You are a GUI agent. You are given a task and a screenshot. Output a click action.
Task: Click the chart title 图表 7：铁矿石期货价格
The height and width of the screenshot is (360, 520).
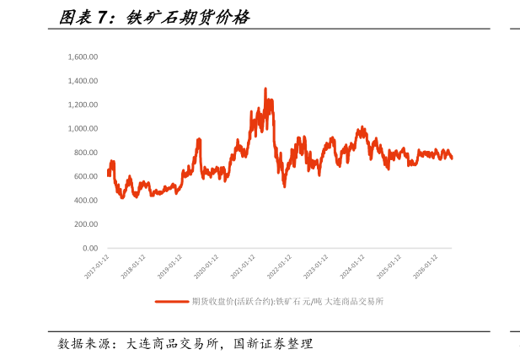[154, 17]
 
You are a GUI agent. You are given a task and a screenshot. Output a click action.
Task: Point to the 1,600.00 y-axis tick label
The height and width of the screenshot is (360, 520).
[83, 57]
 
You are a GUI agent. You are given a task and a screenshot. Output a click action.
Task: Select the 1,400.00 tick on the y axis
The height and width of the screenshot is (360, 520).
[83, 81]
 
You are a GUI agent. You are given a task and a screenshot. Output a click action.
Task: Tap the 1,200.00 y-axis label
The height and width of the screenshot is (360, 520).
[83, 105]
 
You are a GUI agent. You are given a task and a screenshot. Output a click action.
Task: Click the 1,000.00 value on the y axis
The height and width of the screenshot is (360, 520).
[83, 129]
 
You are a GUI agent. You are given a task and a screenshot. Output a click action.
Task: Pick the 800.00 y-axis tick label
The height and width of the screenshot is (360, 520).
[86, 153]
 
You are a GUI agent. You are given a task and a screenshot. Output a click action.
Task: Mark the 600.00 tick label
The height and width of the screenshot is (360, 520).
[86, 176]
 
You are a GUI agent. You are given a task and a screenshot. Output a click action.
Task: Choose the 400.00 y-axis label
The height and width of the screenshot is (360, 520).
[86, 201]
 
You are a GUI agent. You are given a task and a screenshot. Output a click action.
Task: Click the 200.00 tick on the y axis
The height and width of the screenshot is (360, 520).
[86, 224]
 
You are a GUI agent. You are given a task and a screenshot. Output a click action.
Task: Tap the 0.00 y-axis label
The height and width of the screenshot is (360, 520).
[90, 248]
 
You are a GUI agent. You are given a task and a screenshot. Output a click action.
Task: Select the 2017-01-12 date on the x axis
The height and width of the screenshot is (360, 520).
[97, 266]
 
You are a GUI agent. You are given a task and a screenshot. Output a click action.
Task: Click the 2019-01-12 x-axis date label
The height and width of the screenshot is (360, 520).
[169, 266]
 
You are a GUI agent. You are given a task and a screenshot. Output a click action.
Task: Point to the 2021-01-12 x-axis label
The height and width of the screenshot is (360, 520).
[243, 266]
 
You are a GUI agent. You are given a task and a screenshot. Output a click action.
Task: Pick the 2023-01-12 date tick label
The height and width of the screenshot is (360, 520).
[316, 266]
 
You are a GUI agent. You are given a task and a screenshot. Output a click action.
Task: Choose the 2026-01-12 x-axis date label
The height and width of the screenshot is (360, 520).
[426, 266]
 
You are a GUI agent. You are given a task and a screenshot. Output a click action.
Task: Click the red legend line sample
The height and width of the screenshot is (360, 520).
[172, 302]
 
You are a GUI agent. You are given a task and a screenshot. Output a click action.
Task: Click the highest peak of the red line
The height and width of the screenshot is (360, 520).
[265, 89]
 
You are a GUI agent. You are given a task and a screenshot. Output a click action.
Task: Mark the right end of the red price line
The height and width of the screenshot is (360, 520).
[452, 159]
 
